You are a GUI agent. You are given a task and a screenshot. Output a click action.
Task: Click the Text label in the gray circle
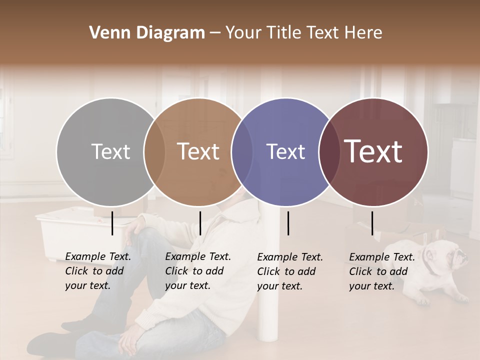(110, 151)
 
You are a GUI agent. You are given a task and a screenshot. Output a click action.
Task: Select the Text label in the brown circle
(198, 151)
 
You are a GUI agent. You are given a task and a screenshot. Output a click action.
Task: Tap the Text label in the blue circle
(285, 151)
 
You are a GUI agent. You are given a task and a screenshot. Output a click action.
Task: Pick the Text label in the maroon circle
(373, 151)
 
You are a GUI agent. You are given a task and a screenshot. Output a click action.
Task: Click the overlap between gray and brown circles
(154, 152)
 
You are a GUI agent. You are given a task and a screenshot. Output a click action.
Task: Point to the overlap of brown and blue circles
(242, 152)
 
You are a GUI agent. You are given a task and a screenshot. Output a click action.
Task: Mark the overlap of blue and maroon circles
(329, 152)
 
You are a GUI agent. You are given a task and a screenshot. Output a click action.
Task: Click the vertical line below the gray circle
(112, 223)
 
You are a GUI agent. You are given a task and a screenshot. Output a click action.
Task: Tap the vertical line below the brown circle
(200, 223)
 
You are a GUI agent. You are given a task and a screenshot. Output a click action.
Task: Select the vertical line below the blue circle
(288, 223)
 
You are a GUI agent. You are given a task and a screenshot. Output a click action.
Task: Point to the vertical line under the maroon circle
(372, 223)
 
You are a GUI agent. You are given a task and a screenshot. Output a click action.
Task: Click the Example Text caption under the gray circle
(98, 271)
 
